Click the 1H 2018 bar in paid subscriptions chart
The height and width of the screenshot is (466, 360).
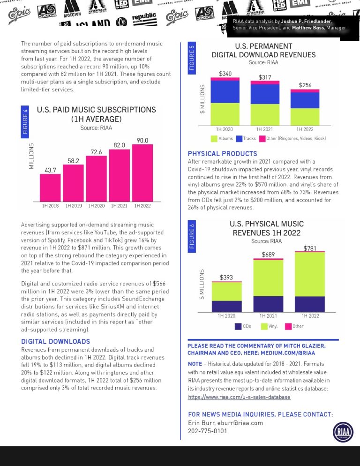point(50,188)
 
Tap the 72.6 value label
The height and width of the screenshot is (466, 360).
point(97,152)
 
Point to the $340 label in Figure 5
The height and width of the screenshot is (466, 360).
point(225,74)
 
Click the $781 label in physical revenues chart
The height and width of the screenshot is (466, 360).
point(310,248)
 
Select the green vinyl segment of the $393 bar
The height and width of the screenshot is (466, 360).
point(226,291)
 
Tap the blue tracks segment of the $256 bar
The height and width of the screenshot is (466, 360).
point(305,100)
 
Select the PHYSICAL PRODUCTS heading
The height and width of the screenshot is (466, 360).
point(222,154)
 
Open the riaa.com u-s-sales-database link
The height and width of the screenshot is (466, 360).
point(239,397)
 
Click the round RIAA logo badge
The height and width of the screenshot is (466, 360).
point(343,432)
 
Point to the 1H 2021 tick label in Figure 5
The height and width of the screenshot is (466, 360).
point(265,129)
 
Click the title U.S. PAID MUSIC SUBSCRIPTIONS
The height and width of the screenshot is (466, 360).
point(96,110)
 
